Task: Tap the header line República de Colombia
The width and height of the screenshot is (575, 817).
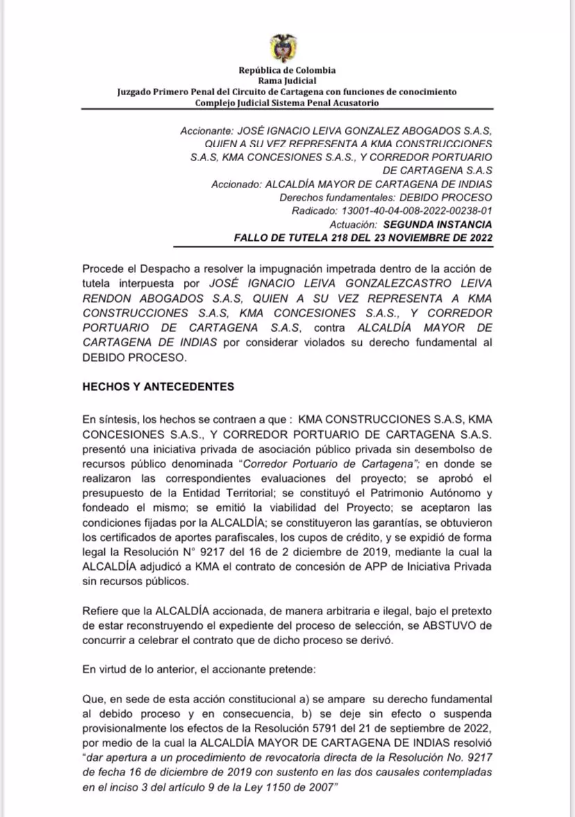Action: [287, 70]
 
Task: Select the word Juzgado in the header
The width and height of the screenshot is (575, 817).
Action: [136, 92]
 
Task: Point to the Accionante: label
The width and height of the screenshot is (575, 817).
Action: [206, 130]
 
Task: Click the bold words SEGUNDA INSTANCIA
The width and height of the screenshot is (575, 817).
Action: [438, 224]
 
